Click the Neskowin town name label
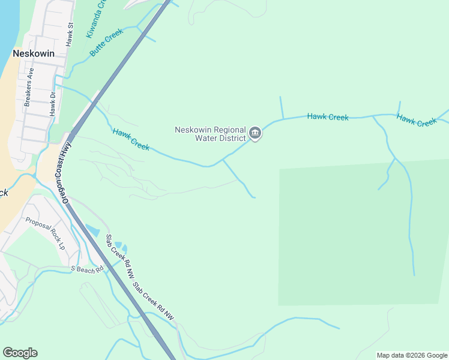click(x=34, y=53)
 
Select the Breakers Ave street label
click(x=29, y=88)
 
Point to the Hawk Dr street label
click(x=53, y=103)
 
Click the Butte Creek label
click(x=106, y=43)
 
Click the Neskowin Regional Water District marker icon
click(x=255, y=133)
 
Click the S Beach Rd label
click(x=83, y=268)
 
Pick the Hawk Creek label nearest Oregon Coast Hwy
click(x=131, y=139)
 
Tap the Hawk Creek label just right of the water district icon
click(x=328, y=116)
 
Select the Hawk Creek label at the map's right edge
click(x=417, y=120)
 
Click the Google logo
click(x=20, y=353)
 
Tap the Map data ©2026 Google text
click(x=412, y=355)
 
